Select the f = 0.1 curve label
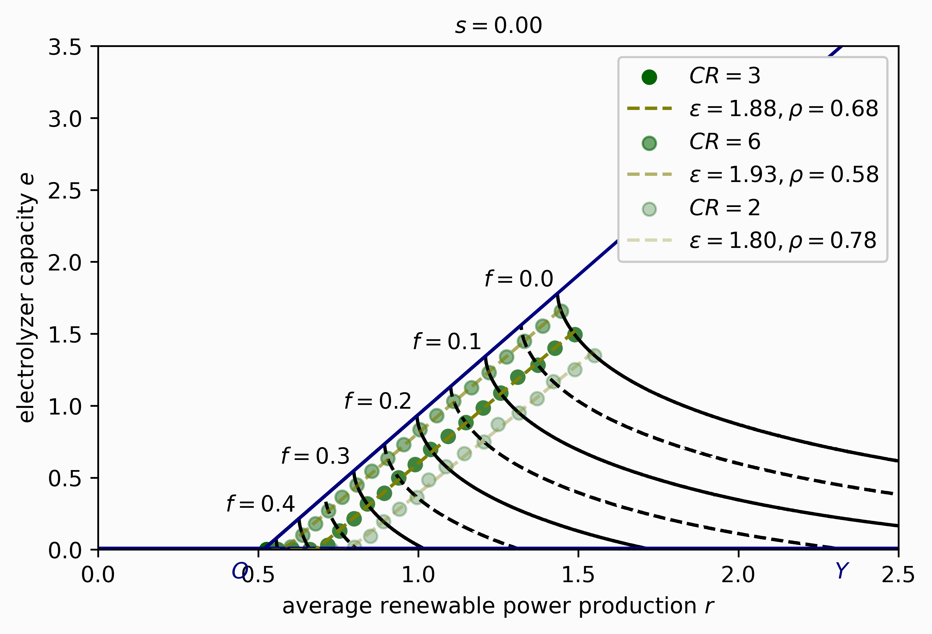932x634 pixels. pyautogui.click(x=447, y=342)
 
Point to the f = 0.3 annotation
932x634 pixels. pyautogui.click(x=315, y=456)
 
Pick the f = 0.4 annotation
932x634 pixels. pyautogui.click(x=261, y=504)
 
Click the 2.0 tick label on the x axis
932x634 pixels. pyautogui.click(x=738, y=575)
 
